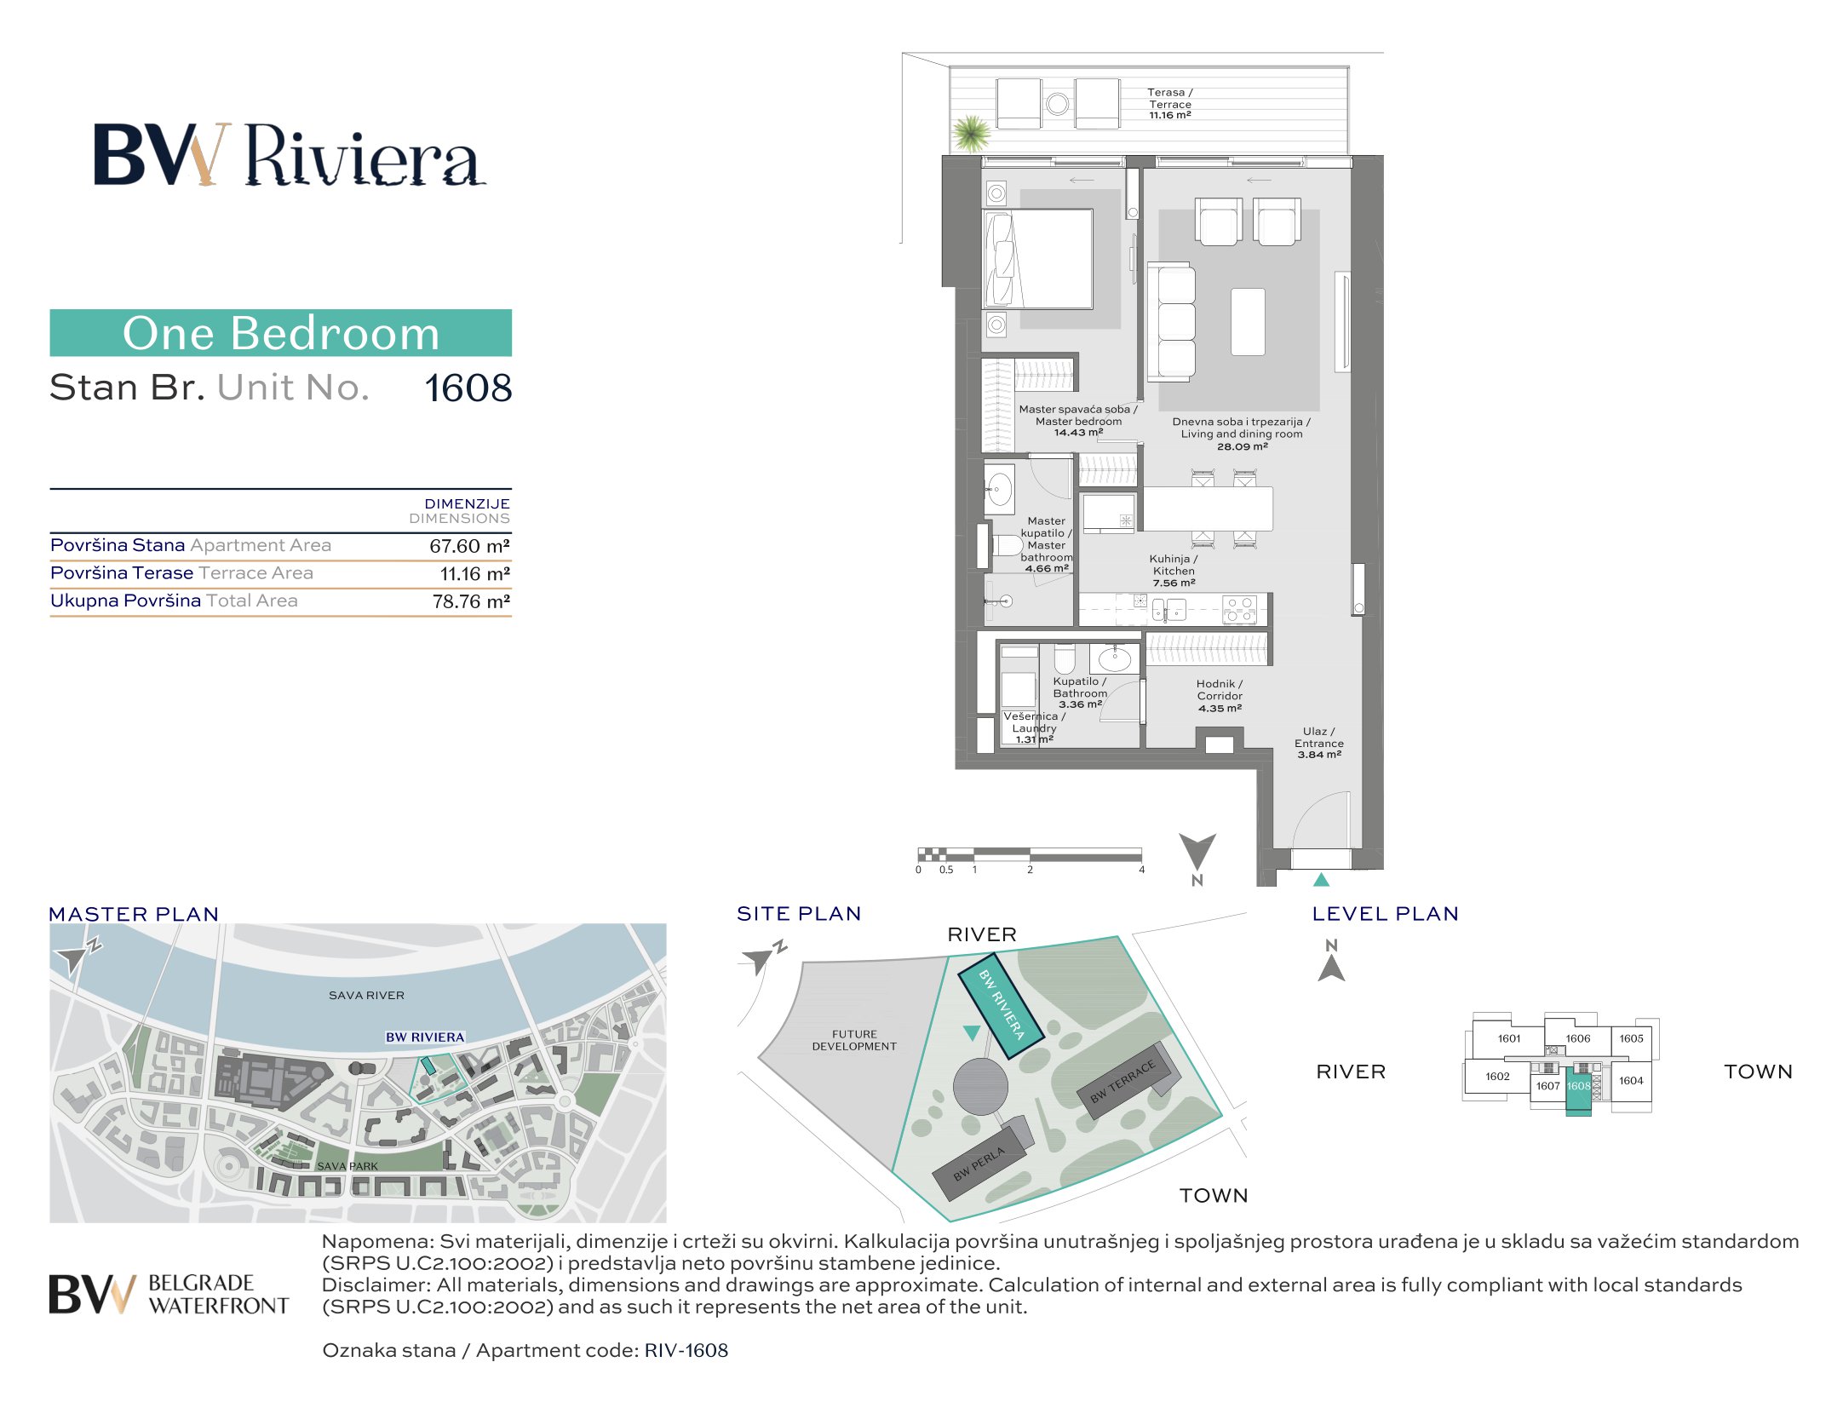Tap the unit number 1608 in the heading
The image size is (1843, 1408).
(x=468, y=388)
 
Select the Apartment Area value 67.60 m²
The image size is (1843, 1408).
(x=469, y=546)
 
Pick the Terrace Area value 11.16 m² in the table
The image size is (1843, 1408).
(x=474, y=574)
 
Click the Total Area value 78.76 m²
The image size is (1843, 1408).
(x=471, y=601)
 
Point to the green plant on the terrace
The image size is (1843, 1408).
(x=971, y=133)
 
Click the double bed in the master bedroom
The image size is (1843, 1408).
(x=1038, y=259)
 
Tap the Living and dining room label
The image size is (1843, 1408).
(x=1241, y=434)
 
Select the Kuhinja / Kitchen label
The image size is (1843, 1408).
(x=1174, y=571)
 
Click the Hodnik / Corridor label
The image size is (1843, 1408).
(x=1220, y=695)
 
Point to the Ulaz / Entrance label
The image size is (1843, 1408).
(x=1318, y=743)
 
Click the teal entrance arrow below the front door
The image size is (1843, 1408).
(x=1321, y=879)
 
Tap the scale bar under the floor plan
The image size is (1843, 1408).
(x=1029, y=855)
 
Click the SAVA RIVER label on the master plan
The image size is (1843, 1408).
(x=366, y=995)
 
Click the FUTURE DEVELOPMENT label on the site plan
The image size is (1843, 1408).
(x=854, y=1040)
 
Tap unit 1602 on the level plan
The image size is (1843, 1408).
(x=1497, y=1077)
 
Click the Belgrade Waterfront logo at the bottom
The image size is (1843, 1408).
(x=169, y=1294)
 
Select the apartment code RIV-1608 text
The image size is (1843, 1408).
(x=686, y=1350)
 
